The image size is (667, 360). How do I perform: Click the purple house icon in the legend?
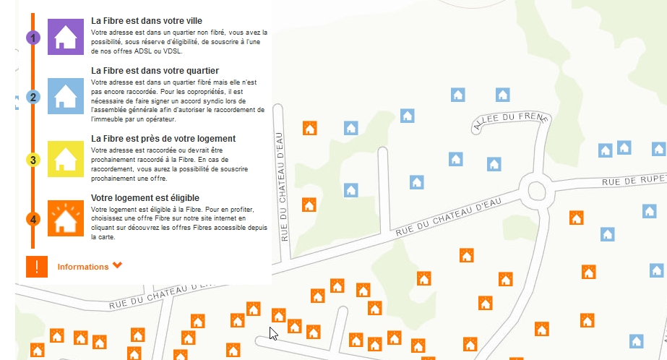click(66, 37)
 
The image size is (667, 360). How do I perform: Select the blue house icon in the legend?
click(66, 96)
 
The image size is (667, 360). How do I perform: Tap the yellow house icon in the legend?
click(66, 159)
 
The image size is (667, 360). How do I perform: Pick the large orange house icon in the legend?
click(66, 218)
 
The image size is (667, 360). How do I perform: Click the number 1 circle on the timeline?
click(33, 38)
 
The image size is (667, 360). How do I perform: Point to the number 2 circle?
click(33, 97)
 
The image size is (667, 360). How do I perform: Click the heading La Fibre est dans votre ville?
click(147, 22)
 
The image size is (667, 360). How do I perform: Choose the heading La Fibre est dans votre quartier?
click(155, 71)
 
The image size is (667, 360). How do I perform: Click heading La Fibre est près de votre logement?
click(163, 138)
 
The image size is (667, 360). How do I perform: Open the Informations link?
click(83, 267)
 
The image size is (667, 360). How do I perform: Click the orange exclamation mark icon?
click(37, 267)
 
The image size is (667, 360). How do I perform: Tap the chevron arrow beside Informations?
click(118, 265)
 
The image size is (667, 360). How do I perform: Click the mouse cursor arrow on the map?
click(273, 333)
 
